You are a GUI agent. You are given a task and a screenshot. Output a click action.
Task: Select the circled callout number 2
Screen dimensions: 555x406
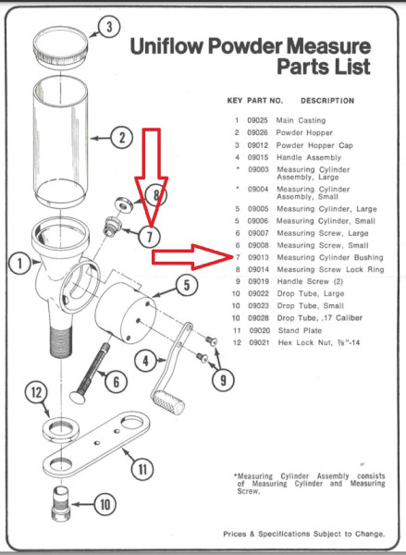point(121,139)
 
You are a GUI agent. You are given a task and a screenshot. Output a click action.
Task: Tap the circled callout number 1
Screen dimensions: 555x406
point(18,263)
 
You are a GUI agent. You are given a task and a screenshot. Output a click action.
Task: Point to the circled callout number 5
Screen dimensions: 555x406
point(187,286)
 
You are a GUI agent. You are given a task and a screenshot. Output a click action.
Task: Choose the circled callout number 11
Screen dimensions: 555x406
point(141,469)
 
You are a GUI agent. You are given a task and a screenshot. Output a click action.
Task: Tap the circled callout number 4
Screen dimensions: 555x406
point(145,359)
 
